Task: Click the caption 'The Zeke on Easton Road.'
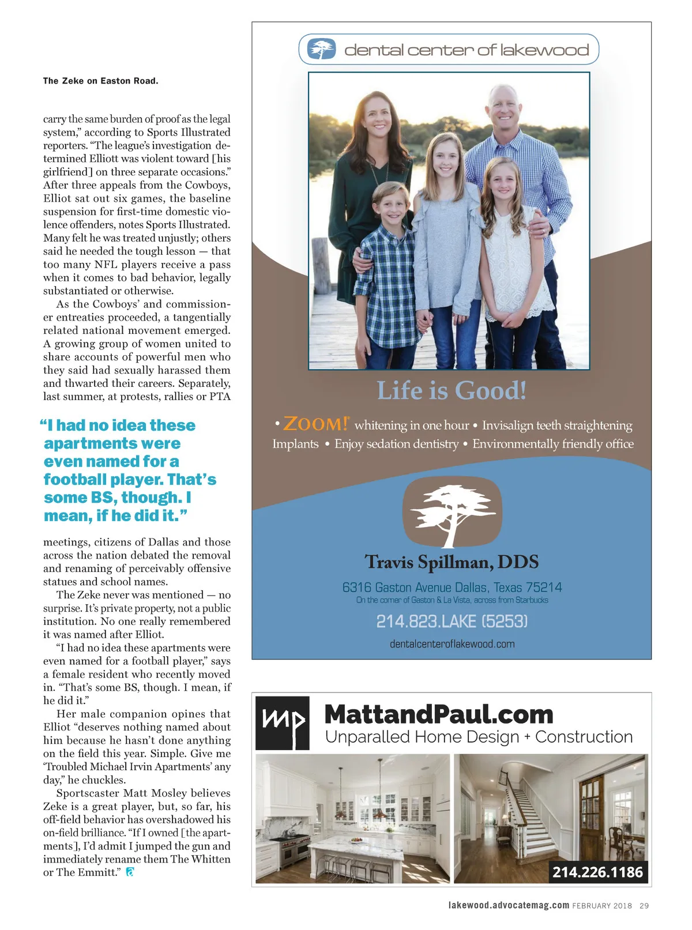pyautogui.click(x=100, y=81)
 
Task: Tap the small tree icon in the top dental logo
pyautogui.click(x=321, y=49)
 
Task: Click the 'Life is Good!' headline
pyautogui.click(x=452, y=391)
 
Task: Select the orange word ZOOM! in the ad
pyautogui.click(x=315, y=424)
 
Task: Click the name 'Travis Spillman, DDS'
pyautogui.click(x=452, y=562)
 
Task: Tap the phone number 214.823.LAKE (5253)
pyautogui.click(x=452, y=622)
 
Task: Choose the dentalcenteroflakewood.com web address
pyautogui.click(x=452, y=644)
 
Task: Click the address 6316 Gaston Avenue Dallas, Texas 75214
pyautogui.click(x=452, y=588)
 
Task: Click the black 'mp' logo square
pyautogui.click(x=283, y=723)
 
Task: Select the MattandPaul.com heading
pyautogui.click(x=439, y=714)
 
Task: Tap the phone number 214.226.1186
pyautogui.click(x=597, y=872)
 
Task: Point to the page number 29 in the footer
pyautogui.click(x=644, y=906)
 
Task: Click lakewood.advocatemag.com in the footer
pyautogui.click(x=509, y=905)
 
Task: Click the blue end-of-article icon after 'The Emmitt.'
pyautogui.click(x=130, y=872)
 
